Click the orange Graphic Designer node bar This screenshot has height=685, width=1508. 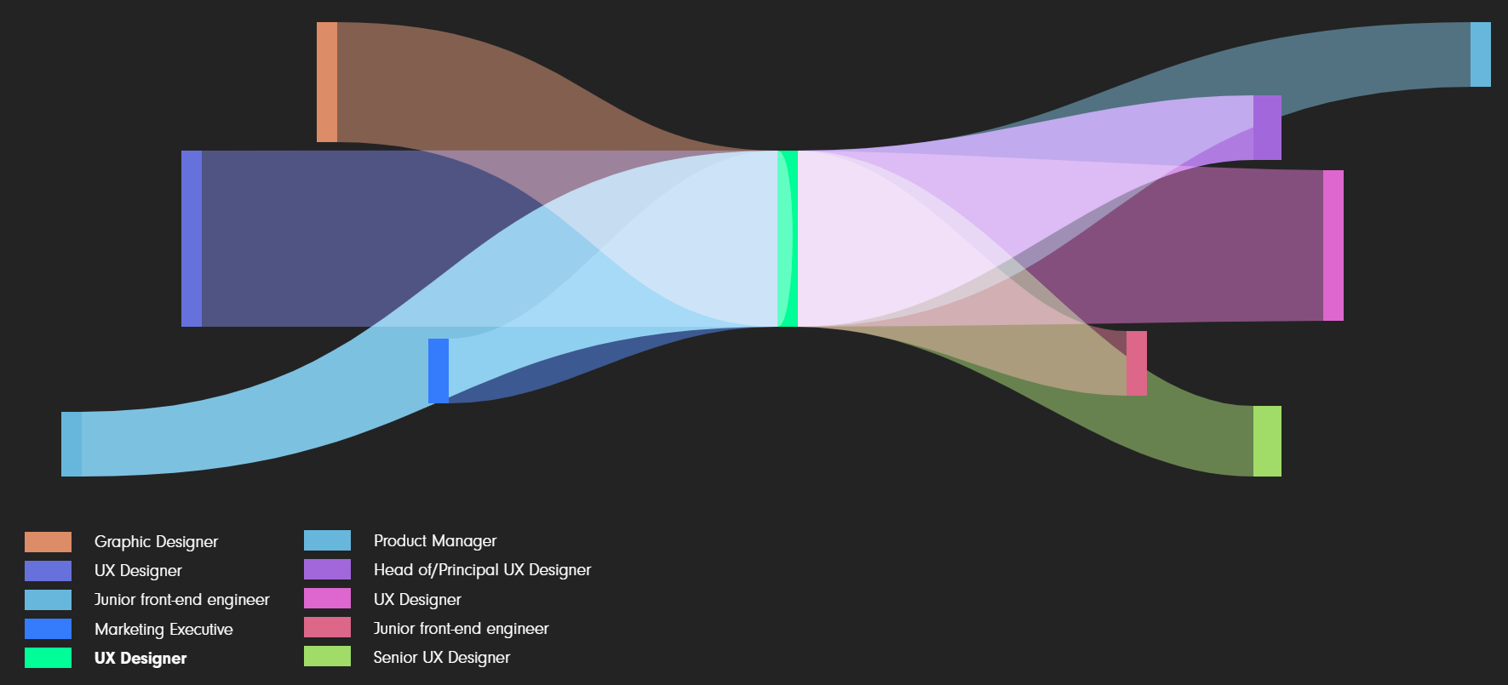pyautogui.click(x=327, y=82)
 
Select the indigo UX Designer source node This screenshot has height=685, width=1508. pyautogui.click(x=192, y=238)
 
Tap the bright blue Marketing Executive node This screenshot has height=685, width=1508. pyautogui.click(x=439, y=371)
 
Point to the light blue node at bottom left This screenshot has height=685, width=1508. pyautogui.click(x=72, y=444)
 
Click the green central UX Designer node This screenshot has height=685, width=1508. pyautogui.click(x=788, y=238)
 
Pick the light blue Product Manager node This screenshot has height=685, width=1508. pyautogui.click(x=1481, y=54)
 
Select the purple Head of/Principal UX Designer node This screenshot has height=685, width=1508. pyautogui.click(x=1267, y=128)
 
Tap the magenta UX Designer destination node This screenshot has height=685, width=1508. pyautogui.click(x=1333, y=245)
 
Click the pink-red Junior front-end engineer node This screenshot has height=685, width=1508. pyautogui.click(x=1137, y=363)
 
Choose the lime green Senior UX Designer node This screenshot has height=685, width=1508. pyautogui.click(x=1267, y=441)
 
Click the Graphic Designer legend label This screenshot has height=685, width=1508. pyautogui.click(x=156, y=542)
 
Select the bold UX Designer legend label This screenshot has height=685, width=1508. pyautogui.click(x=140, y=659)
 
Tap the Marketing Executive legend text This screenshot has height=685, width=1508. pyautogui.click(x=163, y=630)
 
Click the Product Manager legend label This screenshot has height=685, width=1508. pyautogui.click(x=435, y=541)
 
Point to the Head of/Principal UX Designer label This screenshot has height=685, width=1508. pyautogui.click(x=482, y=570)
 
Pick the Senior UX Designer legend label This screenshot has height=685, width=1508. pyautogui.click(x=442, y=658)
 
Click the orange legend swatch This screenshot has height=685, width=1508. pyautogui.click(x=48, y=542)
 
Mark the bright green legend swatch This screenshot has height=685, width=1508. pyautogui.click(x=48, y=658)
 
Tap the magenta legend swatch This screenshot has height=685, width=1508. pyautogui.click(x=327, y=599)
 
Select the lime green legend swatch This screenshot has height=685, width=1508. pyautogui.click(x=327, y=656)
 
